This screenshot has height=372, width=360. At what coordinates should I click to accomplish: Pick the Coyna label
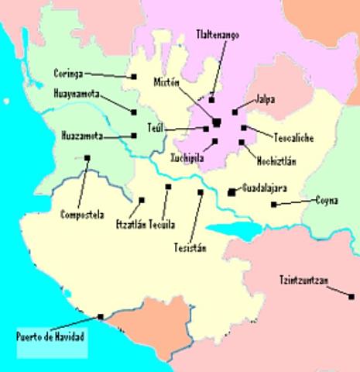tap(326, 200)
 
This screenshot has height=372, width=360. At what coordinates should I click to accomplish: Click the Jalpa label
tap(265, 99)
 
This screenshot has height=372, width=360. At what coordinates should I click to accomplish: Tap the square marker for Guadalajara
tap(231, 191)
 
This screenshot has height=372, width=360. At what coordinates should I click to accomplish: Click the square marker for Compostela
tap(87, 158)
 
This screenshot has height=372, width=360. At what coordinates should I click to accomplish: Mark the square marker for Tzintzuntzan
tap(329, 288)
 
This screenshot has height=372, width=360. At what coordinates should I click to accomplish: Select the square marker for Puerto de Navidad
tap(101, 316)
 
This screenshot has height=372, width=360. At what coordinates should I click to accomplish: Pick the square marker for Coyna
tap(273, 204)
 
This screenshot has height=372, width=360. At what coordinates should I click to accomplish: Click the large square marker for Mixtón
tap(217, 122)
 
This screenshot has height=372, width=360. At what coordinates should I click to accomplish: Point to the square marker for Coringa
tap(134, 76)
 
